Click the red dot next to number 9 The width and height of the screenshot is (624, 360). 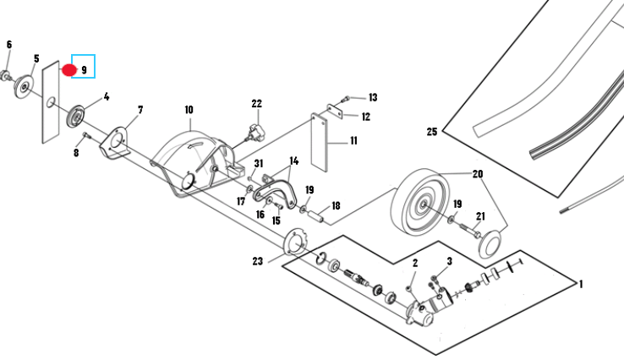tap(69, 70)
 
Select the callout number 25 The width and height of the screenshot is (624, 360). tap(432, 131)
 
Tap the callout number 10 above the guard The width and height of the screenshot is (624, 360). tap(189, 109)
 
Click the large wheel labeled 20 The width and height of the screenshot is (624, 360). tap(420, 203)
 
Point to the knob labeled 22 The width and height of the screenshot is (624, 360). tap(255, 133)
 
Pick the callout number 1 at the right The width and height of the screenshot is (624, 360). tap(581, 284)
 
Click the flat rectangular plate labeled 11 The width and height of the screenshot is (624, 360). tap(319, 143)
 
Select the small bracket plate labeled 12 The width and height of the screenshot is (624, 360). tap(335, 111)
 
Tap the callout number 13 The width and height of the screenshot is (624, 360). tap(373, 97)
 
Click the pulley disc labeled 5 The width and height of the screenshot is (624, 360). tap(24, 87)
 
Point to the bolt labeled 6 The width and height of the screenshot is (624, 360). tap(6, 74)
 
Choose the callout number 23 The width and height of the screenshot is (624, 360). tap(258, 261)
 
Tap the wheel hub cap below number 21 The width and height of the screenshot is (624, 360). tap(490, 243)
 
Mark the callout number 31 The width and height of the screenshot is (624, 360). tap(259, 163)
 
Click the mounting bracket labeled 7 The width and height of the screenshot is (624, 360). tap(115, 143)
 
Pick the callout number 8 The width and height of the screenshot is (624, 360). tap(76, 152)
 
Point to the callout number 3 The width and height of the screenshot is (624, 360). tap(449, 261)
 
